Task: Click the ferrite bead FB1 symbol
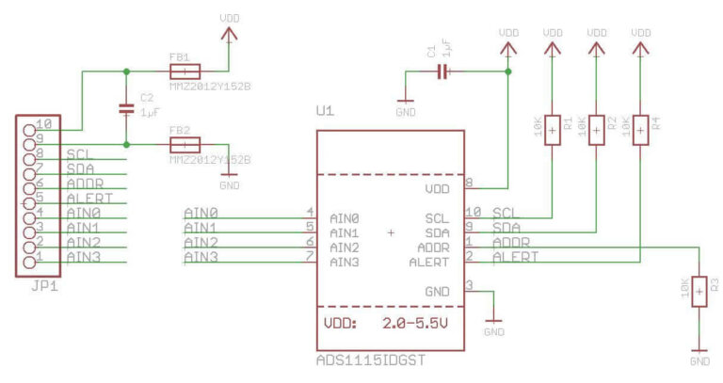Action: [x=185, y=72]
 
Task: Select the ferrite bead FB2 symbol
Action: [x=185, y=145]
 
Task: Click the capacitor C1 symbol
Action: [x=443, y=72]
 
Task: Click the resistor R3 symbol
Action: [x=699, y=292]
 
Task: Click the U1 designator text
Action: [x=325, y=112]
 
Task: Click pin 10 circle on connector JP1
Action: [x=28, y=124]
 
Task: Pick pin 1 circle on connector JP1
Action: [x=28, y=257]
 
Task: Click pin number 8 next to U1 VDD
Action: [x=469, y=183]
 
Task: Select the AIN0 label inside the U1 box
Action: [x=345, y=217]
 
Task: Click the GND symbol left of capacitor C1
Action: [x=405, y=101]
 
